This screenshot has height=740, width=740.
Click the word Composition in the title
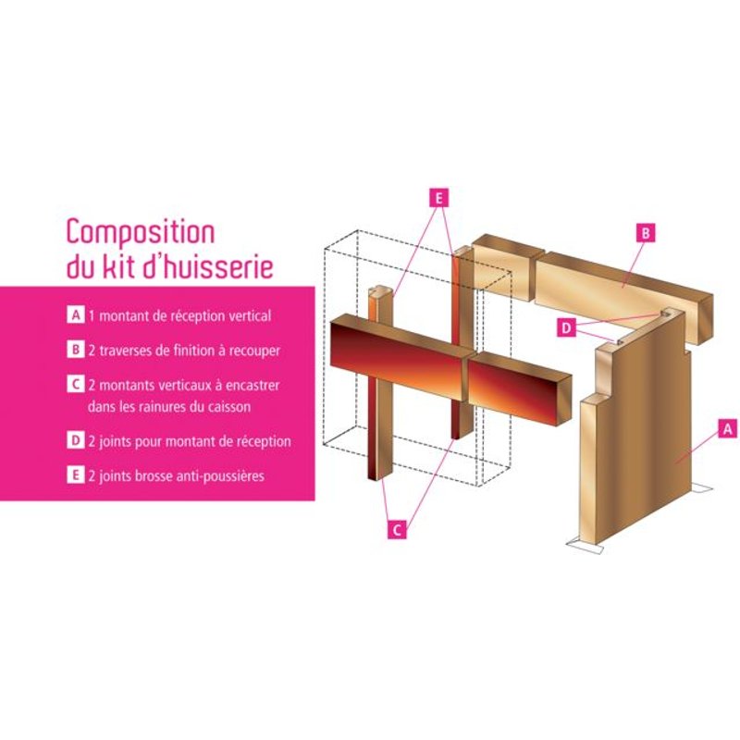pyautogui.click(x=140, y=232)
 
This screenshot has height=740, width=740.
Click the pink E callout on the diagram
pyautogui.click(x=438, y=197)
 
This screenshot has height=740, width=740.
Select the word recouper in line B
pyautogui.click(x=253, y=351)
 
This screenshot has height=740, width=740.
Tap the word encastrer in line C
pyautogui.click(x=253, y=384)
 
